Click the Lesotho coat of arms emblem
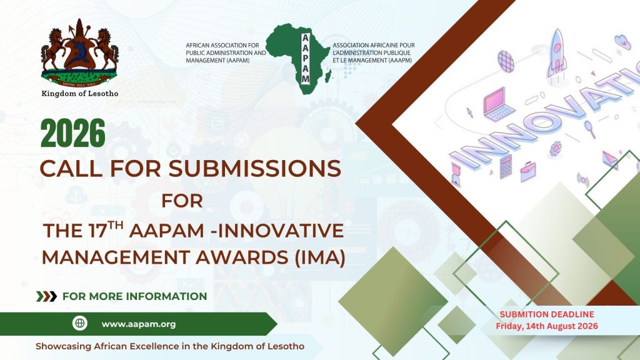[x=79, y=53]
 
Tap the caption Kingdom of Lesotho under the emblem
[x=80, y=94]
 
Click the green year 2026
[x=73, y=133]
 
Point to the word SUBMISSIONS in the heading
[x=255, y=168]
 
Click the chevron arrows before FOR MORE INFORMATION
[x=46, y=296]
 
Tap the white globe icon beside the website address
[x=80, y=324]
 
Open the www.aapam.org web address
[x=139, y=324]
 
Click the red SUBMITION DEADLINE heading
[x=547, y=314]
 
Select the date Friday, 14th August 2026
[x=547, y=326]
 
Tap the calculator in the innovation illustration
[x=505, y=166]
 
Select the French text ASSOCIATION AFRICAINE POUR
[x=374, y=45]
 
